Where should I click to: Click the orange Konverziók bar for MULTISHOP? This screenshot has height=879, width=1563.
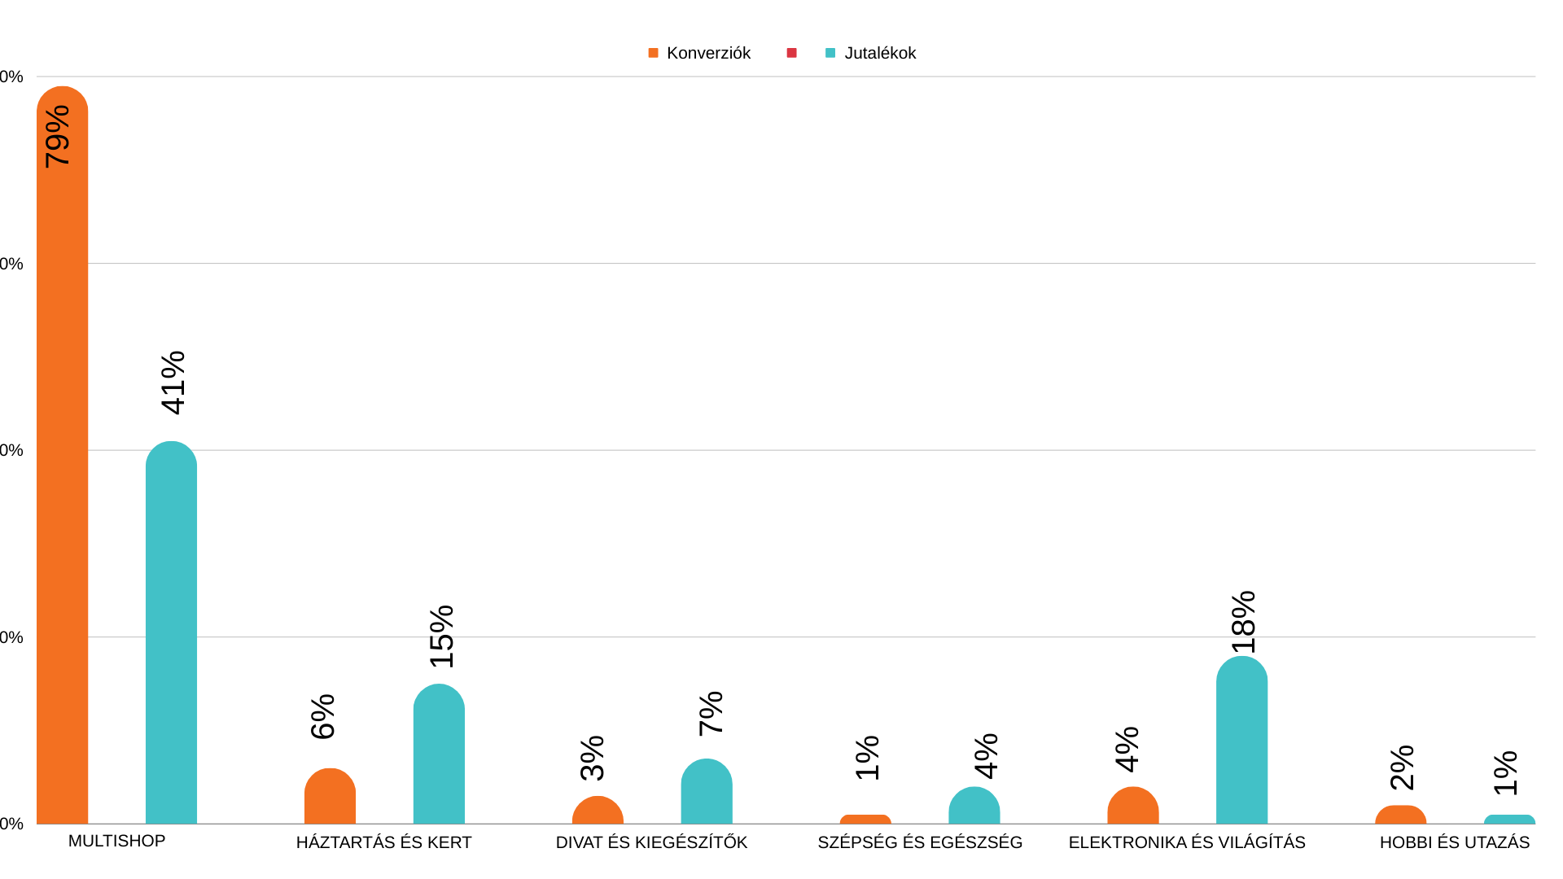coord(62,488)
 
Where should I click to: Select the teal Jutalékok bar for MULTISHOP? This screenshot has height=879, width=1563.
coord(171,635)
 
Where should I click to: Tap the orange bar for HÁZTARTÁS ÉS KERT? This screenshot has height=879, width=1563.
coord(330,798)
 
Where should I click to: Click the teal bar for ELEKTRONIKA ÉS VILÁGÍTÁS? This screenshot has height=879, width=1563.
coord(1241,741)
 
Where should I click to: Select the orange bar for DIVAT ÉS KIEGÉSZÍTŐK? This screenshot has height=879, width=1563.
coord(598,811)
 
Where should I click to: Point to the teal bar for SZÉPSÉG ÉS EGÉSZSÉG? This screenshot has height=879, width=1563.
coord(974,806)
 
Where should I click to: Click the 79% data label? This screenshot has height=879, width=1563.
coord(58,137)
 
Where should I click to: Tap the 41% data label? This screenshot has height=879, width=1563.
coord(173,383)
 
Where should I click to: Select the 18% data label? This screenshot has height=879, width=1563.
coord(1244,622)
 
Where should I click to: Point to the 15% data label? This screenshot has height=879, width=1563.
coord(442,636)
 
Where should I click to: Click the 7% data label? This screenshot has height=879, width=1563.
coord(711,713)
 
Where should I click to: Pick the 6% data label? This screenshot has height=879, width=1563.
coord(323,716)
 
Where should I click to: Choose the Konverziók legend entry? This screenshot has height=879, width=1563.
coord(699,53)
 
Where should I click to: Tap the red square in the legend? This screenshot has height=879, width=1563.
coord(791,53)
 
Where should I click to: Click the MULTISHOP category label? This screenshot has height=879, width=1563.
coord(116,841)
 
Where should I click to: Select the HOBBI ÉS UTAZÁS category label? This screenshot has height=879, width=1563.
coord(1454,842)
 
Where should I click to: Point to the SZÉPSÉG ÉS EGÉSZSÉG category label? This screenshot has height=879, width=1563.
coord(920,842)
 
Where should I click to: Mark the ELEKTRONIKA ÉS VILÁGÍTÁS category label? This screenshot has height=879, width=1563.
coord(1187,842)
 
